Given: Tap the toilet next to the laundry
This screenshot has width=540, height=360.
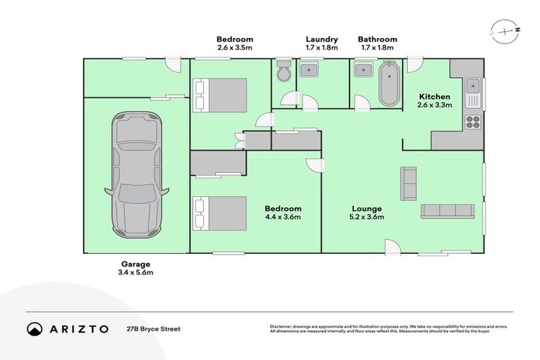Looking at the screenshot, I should [283, 72].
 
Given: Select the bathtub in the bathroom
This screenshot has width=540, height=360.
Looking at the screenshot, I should [388, 84].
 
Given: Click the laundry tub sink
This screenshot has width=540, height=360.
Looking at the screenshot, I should [309, 69].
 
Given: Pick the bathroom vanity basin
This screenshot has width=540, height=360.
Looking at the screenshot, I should [364, 69].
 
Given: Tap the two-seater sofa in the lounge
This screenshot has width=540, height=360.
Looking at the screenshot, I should [408, 183].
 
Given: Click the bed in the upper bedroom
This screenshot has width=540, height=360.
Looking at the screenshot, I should [221, 94].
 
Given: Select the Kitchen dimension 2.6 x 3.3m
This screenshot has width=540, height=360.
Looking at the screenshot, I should [435, 105].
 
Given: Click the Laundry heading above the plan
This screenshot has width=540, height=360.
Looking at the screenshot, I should [321, 39].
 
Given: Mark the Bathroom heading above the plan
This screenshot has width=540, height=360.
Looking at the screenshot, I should [377, 39].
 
